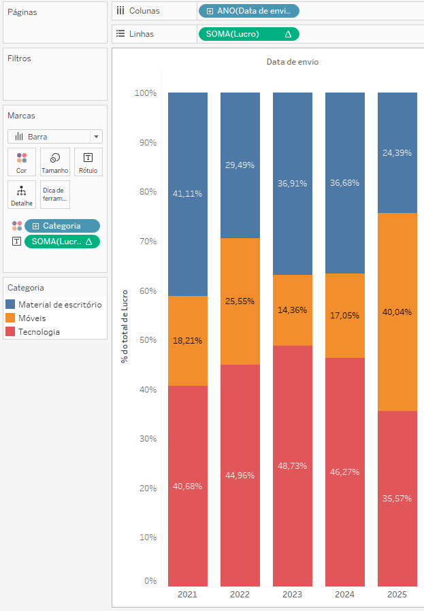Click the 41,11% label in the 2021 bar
pyautogui.click(x=188, y=193)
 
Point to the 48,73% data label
pyautogui.click(x=293, y=465)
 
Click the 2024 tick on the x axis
pyautogui.click(x=345, y=595)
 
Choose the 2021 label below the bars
pyautogui.click(x=188, y=595)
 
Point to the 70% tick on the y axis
pyautogui.click(x=146, y=242)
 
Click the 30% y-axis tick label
pyautogui.click(x=146, y=439)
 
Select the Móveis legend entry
pyautogui.click(x=32, y=318)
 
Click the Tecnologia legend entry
pyautogui.click(x=39, y=332)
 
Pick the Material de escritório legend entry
pyautogui.click(x=60, y=304)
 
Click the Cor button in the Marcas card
pyautogui.click(x=22, y=163)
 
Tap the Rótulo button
pyautogui.click(x=88, y=163)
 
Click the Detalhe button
pyautogui.click(x=22, y=195)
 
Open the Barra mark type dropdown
pyautogui.click(x=55, y=136)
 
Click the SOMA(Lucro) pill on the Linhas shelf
pyautogui.click(x=248, y=34)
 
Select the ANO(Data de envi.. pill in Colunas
pyautogui.click(x=248, y=11)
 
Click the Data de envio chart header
pyautogui.click(x=293, y=62)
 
